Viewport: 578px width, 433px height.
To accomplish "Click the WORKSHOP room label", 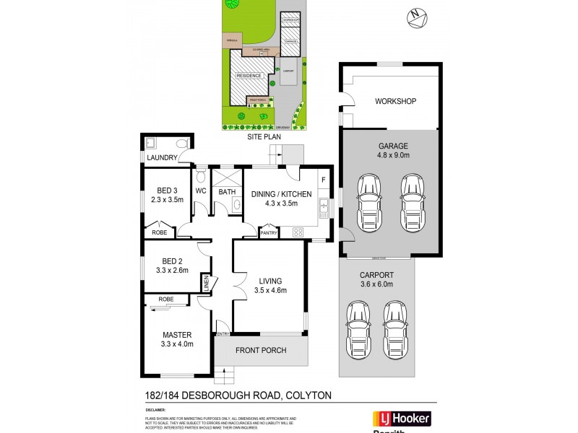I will tap(394, 101).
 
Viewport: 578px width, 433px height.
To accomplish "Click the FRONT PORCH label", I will tap(262, 351).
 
